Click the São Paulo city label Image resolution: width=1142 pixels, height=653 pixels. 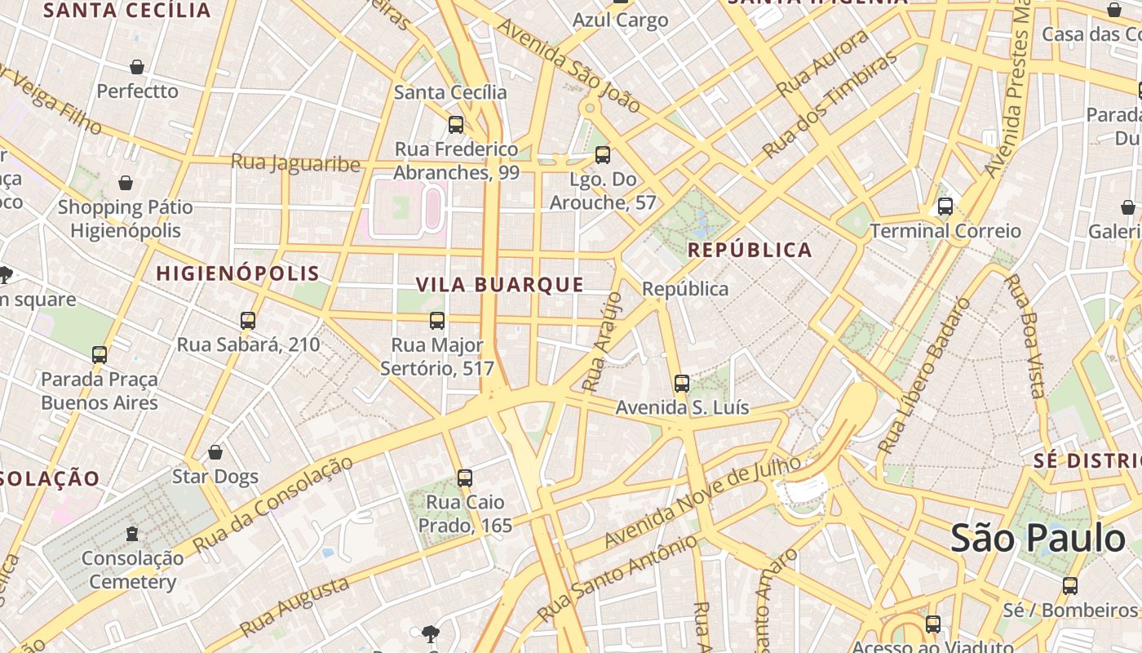(1038, 539)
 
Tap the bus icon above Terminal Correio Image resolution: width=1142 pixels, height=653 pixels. (945, 207)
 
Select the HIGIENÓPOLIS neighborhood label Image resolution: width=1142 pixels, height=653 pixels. (237, 273)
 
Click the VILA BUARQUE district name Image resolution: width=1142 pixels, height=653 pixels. (500, 285)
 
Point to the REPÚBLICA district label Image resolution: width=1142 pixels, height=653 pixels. (750, 251)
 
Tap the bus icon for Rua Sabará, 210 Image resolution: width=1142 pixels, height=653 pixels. (248, 321)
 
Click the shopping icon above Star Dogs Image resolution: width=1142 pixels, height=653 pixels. (215, 452)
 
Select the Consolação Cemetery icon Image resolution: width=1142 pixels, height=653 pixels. (132, 535)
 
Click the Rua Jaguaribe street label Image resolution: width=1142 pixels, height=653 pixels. (295, 163)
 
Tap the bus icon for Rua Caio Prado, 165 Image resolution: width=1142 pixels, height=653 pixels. (465, 478)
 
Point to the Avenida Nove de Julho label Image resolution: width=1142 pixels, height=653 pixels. (702, 502)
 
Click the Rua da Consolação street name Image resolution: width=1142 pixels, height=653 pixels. (273, 504)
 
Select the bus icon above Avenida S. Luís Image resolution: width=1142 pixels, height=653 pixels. (682, 383)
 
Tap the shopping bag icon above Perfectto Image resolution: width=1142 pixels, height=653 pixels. (137, 67)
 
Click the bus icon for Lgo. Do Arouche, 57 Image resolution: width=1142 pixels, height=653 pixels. (603, 155)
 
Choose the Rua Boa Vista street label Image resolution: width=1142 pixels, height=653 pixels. (1025, 335)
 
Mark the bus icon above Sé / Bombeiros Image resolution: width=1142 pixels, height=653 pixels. (1069, 585)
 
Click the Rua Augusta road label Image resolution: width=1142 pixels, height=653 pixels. (295, 606)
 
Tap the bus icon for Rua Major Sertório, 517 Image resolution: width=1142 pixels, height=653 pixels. (437, 321)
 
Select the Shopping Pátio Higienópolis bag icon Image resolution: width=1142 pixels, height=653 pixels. (126, 183)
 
